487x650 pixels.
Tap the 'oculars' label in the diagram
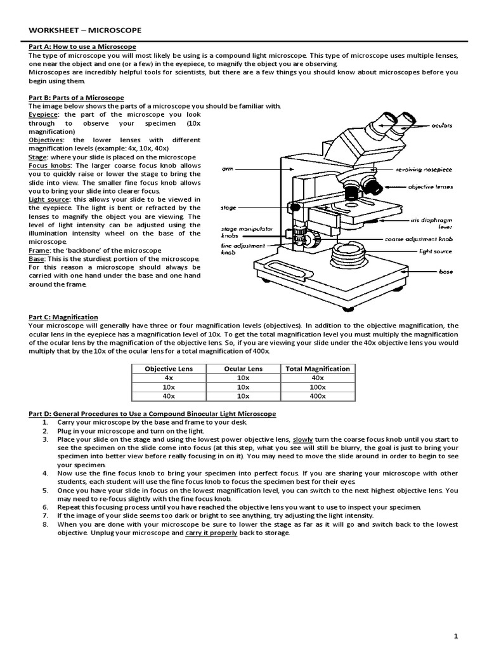point(441,126)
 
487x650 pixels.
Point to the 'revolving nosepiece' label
point(424,169)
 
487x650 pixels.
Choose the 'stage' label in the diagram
point(228,208)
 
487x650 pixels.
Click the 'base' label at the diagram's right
point(446,271)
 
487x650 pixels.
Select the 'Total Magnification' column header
point(318,368)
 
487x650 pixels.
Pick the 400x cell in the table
point(317,395)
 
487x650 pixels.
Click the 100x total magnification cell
point(317,387)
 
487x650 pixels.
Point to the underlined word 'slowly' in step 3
point(302,439)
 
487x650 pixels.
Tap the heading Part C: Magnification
point(63,317)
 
